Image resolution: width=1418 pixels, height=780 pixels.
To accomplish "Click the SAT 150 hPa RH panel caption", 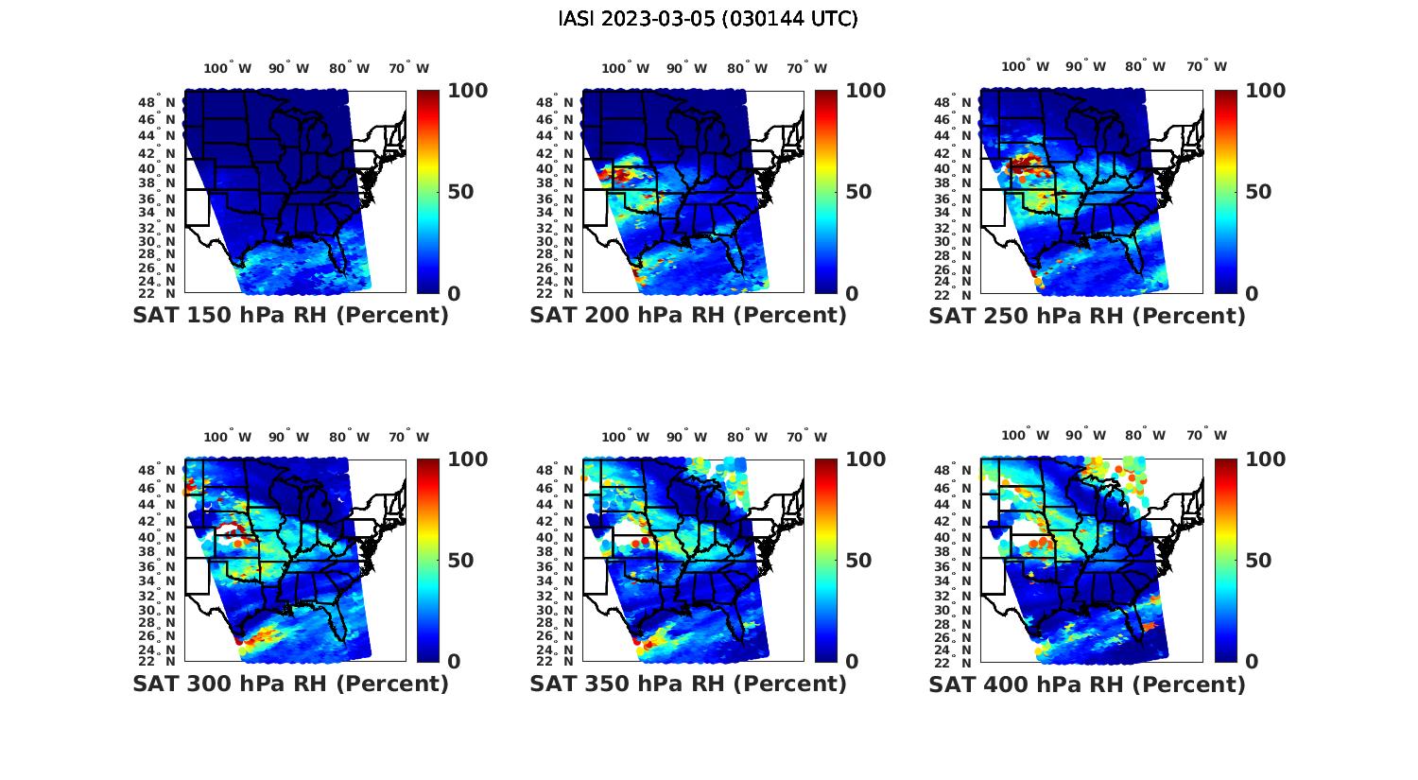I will (x=290, y=316).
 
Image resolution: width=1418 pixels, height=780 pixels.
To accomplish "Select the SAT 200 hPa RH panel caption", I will (x=688, y=316).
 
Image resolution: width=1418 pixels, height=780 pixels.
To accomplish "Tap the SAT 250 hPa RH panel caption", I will (x=1087, y=316).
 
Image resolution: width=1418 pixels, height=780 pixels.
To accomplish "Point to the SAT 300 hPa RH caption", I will (x=290, y=684).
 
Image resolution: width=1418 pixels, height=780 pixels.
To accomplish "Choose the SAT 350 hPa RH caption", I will (x=688, y=684).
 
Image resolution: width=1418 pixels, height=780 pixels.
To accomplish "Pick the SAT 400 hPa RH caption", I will (x=1087, y=684).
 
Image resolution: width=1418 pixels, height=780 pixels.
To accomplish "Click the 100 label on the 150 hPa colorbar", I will (x=467, y=91).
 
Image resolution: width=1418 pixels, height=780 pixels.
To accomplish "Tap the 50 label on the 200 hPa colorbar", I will (x=857, y=192).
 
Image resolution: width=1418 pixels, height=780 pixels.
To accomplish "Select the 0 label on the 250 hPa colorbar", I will (x=1252, y=294).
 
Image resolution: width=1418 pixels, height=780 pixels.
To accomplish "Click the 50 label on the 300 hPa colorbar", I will (x=459, y=561).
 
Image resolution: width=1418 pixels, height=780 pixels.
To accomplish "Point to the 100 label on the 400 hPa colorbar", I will (x=1265, y=459).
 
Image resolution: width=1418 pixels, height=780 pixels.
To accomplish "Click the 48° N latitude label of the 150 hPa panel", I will (x=157, y=102).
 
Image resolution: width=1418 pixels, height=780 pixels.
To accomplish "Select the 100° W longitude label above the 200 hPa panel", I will (x=625, y=68).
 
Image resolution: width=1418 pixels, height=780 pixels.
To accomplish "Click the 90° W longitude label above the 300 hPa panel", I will (x=288, y=437).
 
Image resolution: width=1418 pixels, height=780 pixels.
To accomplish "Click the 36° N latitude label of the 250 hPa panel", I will (x=953, y=199).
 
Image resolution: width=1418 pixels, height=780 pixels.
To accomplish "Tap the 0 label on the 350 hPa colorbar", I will (x=852, y=662).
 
